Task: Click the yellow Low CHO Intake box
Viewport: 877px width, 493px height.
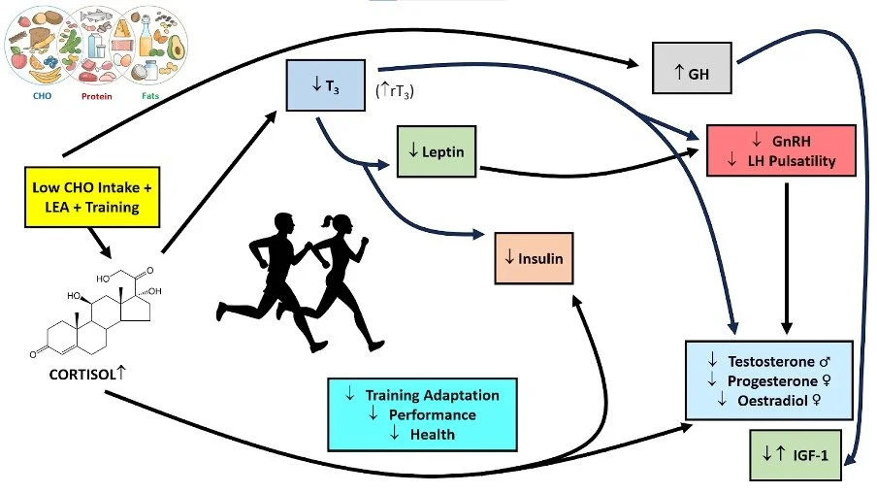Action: pos(92,197)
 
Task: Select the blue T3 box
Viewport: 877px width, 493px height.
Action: pos(326,85)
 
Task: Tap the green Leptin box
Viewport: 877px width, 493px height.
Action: pos(437,151)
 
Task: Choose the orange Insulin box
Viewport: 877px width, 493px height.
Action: pos(535,258)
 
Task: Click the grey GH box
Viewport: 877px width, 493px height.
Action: pos(692,68)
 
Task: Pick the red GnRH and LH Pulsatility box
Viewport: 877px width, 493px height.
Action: pos(781,150)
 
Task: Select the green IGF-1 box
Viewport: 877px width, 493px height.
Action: pos(796,455)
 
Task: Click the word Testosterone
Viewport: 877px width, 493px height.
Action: pos(770,361)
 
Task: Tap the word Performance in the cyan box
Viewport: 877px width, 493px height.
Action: pos(433,414)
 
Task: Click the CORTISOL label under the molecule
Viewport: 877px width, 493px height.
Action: pos(82,375)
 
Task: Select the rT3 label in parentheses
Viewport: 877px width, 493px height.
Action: pos(395,90)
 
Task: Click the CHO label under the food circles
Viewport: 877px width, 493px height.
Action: pos(42,96)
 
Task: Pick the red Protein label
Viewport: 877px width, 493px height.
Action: pos(97,96)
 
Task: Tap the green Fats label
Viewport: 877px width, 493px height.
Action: pos(150,96)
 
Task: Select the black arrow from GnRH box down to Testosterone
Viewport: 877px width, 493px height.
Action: pos(787,258)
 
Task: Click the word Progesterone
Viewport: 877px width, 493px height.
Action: pos(772,381)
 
